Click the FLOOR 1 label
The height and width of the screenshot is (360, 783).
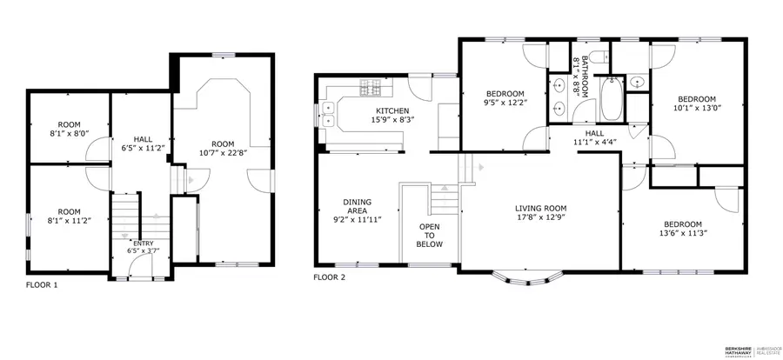pos(43,284)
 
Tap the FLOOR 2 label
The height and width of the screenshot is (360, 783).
pos(330,277)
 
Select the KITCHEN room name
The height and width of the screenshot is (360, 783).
pos(392,110)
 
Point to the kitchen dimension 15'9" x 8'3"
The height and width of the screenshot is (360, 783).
pos(392,120)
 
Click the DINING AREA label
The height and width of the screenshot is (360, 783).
pos(358,206)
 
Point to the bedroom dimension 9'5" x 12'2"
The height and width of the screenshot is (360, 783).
pos(505,103)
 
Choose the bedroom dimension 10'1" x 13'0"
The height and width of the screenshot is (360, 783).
pos(697,109)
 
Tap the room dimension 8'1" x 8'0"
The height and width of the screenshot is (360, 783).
pos(69,134)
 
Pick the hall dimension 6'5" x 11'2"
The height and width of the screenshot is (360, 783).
pos(144,149)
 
